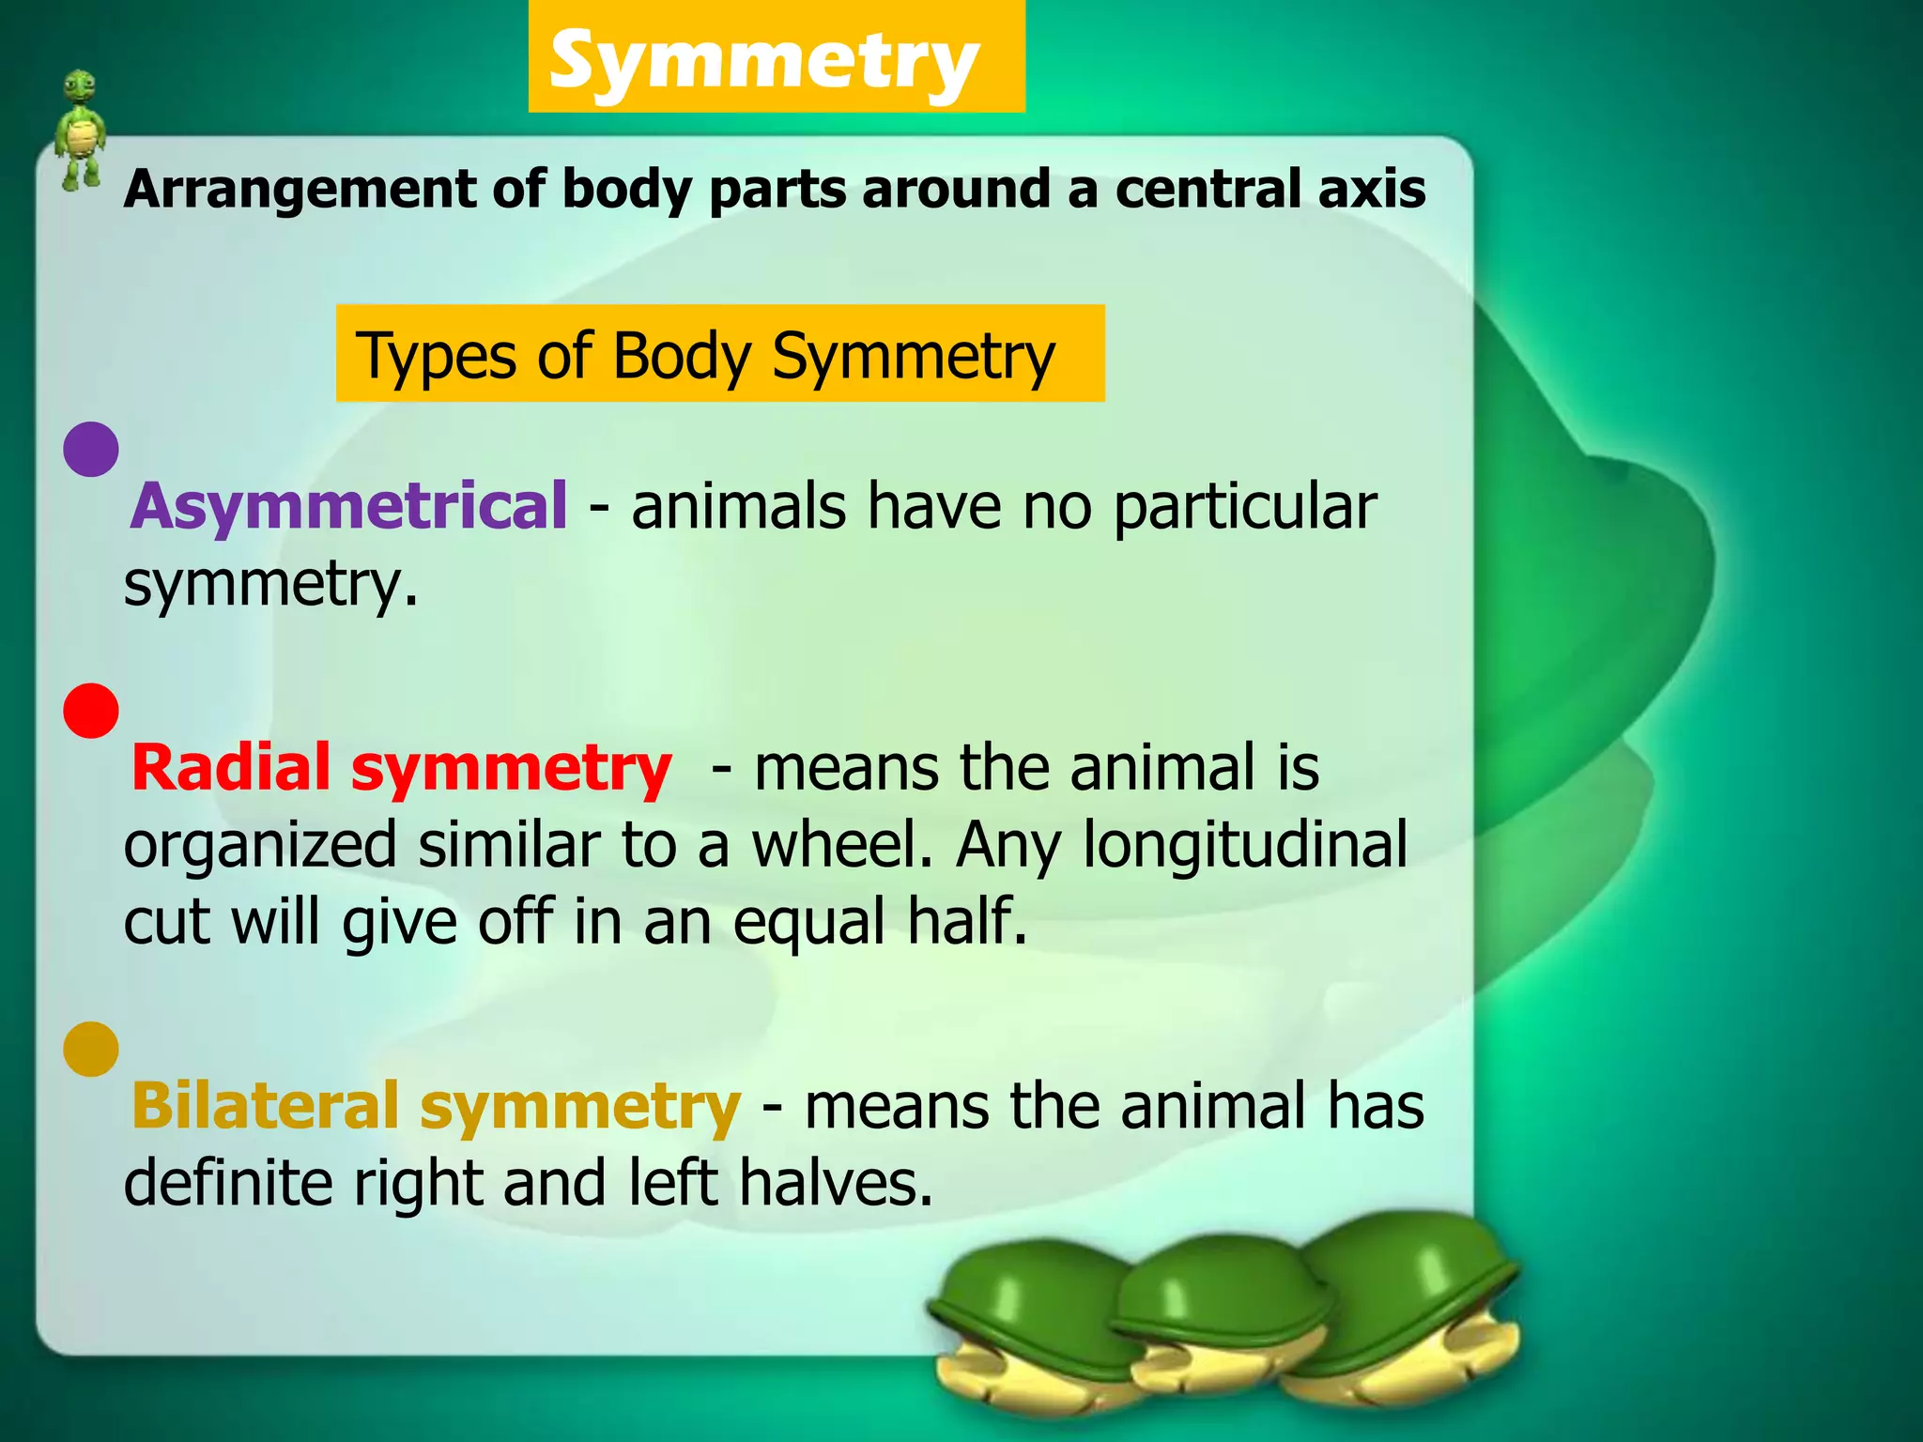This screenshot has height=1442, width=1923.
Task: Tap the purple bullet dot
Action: (x=91, y=449)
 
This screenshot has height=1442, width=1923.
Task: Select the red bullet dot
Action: (x=91, y=711)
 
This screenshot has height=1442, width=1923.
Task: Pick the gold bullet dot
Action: (x=91, y=1049)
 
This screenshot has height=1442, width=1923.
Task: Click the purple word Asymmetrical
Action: (x=348, y=507)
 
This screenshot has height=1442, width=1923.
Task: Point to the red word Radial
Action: (x=230, y=768)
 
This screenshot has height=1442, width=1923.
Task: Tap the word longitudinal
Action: (x=1245, y=846)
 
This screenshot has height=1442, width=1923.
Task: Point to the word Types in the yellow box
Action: (x=438, y=357)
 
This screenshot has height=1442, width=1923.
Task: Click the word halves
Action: (x=835, y=1182)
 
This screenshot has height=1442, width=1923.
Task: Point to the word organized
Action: (x=260, y=846)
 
